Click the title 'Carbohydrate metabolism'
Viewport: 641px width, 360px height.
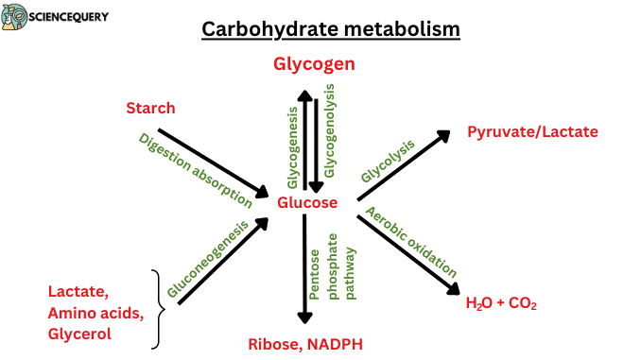click(331, 29)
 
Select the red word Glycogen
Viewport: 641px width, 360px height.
click(314, 64)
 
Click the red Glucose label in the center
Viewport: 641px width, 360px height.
click(306, 202)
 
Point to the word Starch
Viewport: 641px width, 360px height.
click(150, 109)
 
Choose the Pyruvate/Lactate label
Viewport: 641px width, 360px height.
click(532, 131)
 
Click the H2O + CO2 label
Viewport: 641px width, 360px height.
click(501, 303)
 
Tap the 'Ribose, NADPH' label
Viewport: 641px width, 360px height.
click(305, 344)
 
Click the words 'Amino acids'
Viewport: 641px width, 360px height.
click(95, 313)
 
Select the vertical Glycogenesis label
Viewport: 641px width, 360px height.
click(292, 146)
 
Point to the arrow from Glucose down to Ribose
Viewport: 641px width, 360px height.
click(304, 269)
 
